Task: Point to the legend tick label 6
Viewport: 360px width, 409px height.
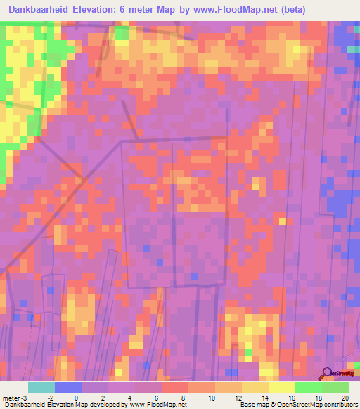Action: pos(162,396)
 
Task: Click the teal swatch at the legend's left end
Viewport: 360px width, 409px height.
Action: pos(41,387)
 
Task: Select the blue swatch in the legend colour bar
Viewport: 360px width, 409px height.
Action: pos(67,387)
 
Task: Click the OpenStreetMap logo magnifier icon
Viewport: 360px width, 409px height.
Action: pos(327,372)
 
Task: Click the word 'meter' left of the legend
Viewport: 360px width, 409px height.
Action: pos(13,396)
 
